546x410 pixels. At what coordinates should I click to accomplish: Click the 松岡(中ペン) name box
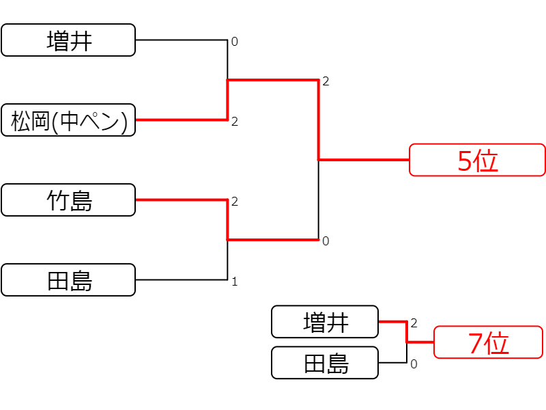(68, 120)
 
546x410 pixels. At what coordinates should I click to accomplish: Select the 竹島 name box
(68, 200)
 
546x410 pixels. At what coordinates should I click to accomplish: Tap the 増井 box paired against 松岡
(68, 40)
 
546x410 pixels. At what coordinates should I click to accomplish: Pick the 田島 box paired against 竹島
(68, 280)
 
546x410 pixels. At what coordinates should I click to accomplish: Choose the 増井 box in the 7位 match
(325, 322)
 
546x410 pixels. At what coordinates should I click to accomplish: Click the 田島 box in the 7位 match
(325, 363)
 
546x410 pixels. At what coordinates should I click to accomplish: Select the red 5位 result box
(477, 160)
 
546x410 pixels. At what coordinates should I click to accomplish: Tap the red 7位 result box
(488, 342)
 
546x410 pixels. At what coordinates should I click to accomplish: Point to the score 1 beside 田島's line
(235, 282)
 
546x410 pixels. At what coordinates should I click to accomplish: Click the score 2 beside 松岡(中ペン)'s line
(235, 122)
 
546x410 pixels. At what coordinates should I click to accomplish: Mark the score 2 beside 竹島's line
(235, 202)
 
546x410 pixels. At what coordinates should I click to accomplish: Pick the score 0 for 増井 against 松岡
(235, 42)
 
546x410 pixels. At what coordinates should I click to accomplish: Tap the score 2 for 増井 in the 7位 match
(414, 323)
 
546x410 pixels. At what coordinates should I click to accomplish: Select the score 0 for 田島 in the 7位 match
(414, 364)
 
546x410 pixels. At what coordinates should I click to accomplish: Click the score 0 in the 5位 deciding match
(326, 241)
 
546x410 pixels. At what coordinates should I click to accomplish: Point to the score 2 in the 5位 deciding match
(326, 81)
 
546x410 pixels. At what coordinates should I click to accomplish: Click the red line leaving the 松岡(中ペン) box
(182, 120)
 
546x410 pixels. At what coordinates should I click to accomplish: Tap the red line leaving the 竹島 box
(182, 200)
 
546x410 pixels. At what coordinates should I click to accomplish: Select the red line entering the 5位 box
(364, 160)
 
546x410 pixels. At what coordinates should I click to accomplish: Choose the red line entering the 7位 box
(420, 342)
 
